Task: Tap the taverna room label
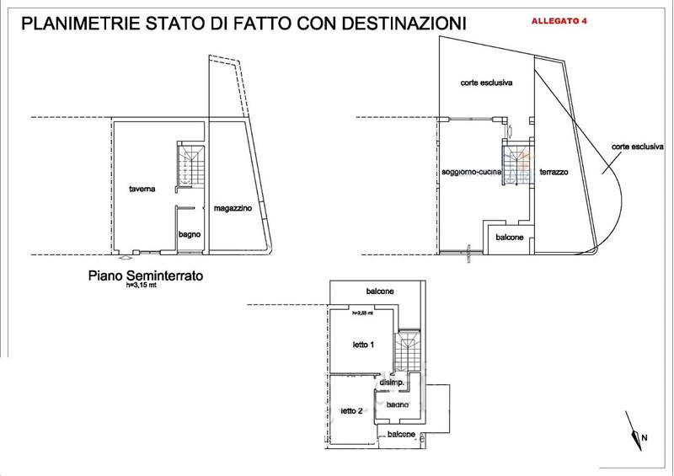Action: tap(142, 189)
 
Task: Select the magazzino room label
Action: tap(232, 207)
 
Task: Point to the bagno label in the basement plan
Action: tap(189, 233)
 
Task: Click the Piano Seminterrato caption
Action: tap(146, 275)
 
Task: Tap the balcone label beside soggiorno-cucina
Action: tap(508, 238)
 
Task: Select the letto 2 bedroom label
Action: tap(351, 411)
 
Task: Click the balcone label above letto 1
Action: tap(379, 291)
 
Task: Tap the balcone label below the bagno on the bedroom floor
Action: tap(401, 435)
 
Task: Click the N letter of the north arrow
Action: tap(644, 438)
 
